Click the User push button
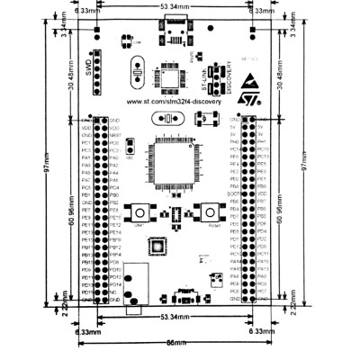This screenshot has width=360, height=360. click(140, 212)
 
